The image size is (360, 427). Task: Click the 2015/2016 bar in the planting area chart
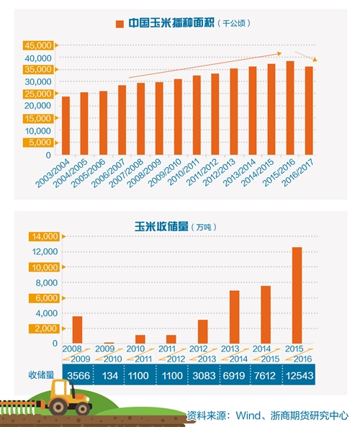290,108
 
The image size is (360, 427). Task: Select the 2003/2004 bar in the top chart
66,126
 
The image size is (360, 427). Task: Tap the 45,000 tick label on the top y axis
38,45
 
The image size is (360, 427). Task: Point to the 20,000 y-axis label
38,106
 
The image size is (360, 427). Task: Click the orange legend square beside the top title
120,24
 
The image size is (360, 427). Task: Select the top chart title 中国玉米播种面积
171,23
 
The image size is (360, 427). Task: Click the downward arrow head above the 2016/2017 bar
315,59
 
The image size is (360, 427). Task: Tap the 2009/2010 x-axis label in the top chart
165,172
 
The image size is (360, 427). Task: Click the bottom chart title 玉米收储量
161,227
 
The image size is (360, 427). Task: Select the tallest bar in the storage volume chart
297,295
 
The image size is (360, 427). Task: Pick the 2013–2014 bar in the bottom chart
235,317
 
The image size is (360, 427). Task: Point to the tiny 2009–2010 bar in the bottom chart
109,343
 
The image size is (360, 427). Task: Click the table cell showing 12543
300,376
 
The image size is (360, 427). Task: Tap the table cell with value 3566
78,376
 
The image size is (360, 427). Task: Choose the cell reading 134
109,376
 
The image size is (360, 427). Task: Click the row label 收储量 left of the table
41,375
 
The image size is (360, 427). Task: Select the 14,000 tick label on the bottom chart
45,236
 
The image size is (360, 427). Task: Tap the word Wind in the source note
248,415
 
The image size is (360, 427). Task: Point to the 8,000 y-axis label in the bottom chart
47,283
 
